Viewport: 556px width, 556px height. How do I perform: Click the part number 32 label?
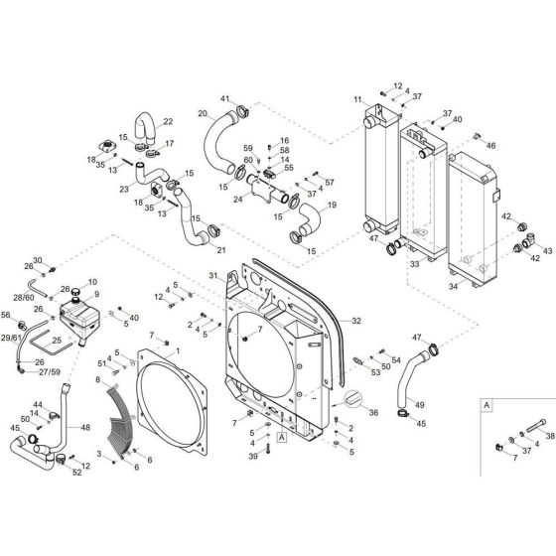point(356,321)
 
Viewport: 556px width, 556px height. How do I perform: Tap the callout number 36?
point(373,412)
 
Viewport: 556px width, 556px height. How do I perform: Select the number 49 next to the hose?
point(419,405)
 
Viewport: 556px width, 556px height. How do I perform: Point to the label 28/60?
point(24,298)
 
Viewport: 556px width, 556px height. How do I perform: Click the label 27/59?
point(50,372)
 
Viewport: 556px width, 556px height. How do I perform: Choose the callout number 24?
point(238,200)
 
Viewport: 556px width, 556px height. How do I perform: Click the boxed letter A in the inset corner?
point(486,405)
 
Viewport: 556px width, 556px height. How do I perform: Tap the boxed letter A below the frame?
point(282,437)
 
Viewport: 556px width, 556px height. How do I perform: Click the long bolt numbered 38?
point(534,425)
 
